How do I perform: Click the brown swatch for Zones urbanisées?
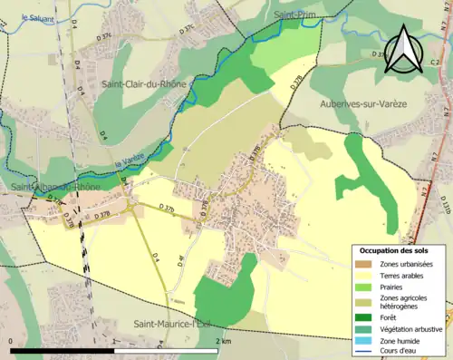[x=366, y=264]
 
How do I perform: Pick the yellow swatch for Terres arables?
[x=366, y=276]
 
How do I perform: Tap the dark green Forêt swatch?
[x=366, y=317]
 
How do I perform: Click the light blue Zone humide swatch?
[x=366, y=342]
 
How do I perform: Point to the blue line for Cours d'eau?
[x=366, y=353]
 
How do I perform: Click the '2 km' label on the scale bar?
[x=223, y=340]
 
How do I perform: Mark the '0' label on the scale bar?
[x=10, y=340]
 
